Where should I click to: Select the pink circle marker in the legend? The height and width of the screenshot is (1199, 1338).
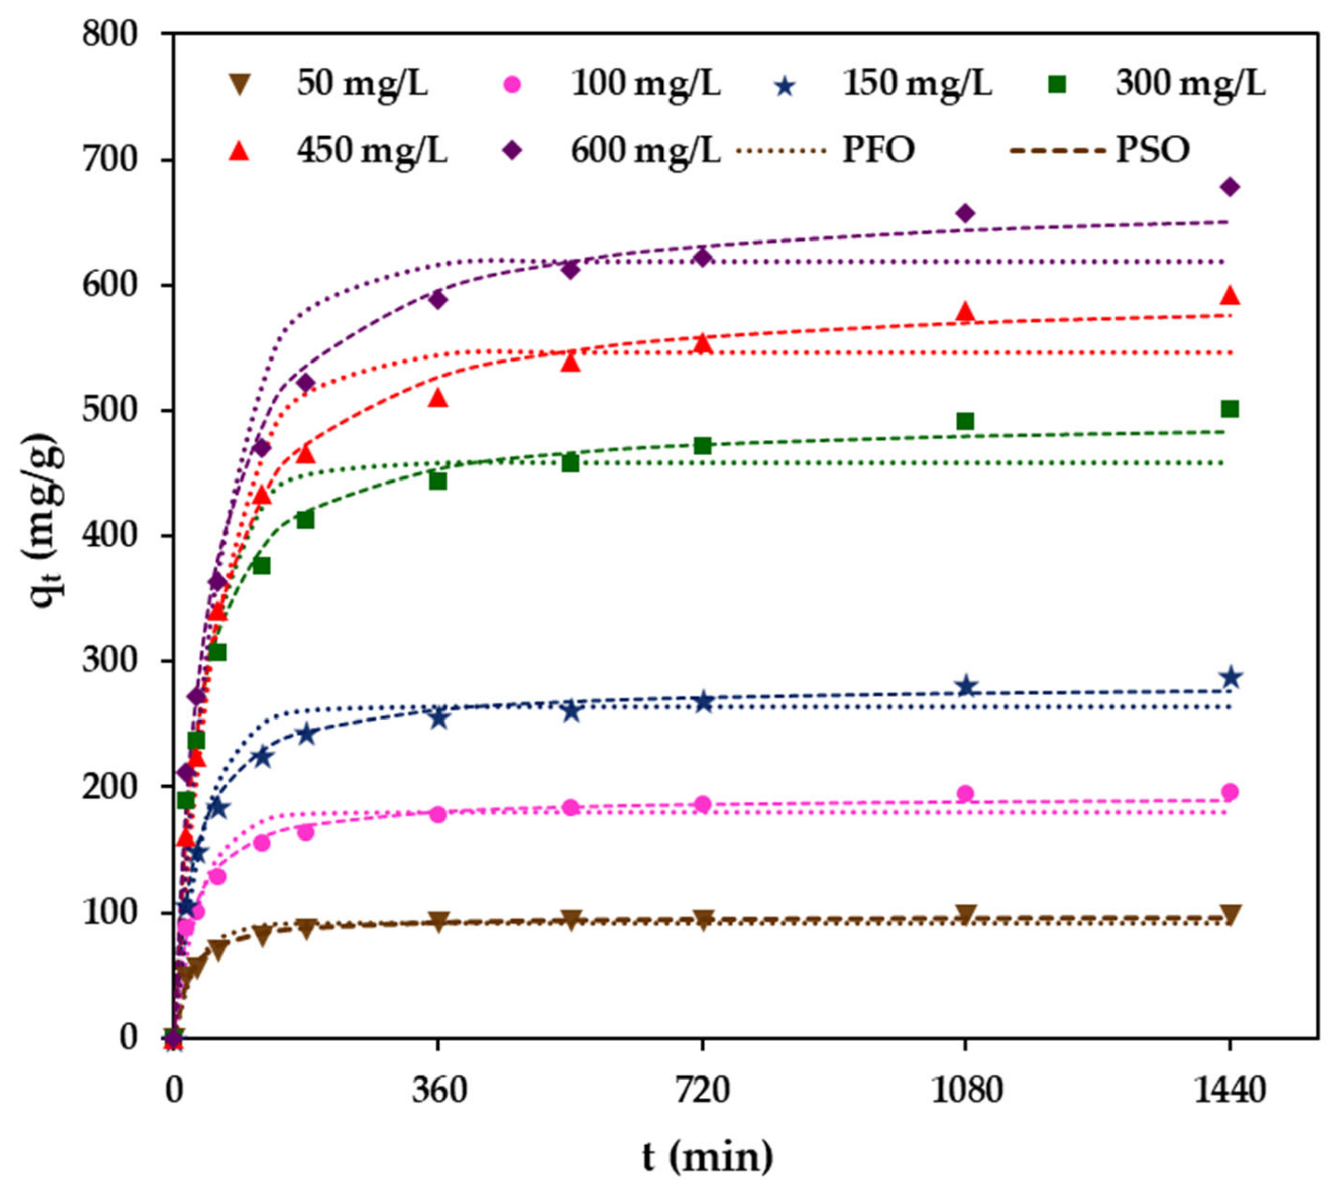pyautogui.click(x=513, y=84)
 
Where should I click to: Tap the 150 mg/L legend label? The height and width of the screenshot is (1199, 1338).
pyautogui.click(x=918, y=84)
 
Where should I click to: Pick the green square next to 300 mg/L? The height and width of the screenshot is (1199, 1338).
pyautogui.click(x=1059, y=84)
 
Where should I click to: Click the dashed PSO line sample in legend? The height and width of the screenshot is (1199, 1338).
pyautogui.click(x=1057, y=152)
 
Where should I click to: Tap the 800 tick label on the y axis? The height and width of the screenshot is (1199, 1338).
pyautogui.click(x=110, y=34)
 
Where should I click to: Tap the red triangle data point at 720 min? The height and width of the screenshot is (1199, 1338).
pyautogui.click(x=703, y=343)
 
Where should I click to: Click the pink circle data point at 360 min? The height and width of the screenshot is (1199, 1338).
pyautogui.click(x=438, y=814)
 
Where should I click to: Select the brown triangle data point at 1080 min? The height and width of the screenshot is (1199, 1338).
pyautogui.click(x=966, y=914)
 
